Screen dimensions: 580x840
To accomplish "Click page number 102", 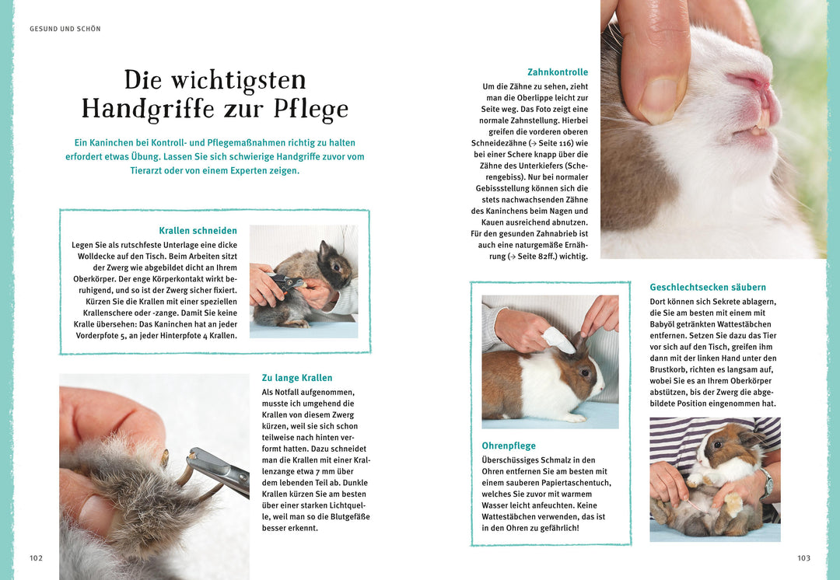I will (36, 558).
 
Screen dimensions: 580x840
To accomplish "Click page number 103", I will (803, 558).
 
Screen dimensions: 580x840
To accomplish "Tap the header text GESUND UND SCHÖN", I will (65, 29).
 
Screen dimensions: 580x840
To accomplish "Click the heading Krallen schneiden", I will (198, 231).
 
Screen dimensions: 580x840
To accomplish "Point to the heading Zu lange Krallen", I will (297, 378).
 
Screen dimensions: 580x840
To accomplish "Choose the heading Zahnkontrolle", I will (558, 72).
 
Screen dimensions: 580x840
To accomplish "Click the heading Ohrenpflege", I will (509, 445).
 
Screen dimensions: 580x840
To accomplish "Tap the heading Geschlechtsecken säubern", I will (708, 287).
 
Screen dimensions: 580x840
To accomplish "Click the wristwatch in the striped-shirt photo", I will (768, 485).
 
